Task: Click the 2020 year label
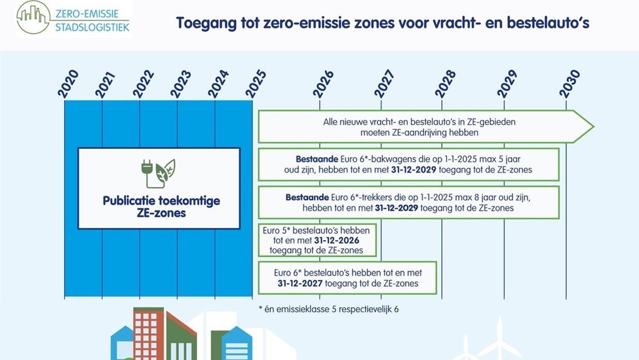68,84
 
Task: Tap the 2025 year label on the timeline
256,84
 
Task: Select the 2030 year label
569,84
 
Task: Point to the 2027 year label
384,84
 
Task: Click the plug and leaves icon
158,173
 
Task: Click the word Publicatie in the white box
129,201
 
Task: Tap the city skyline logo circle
34,17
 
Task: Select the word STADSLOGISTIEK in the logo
92,27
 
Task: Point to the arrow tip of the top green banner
593,126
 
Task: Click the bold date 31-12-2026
337,241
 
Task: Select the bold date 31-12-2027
300,283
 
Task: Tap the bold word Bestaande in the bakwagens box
317,159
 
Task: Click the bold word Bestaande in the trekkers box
307,198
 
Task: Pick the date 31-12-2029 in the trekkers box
396,208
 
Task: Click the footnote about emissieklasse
329,309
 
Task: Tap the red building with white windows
148,333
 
